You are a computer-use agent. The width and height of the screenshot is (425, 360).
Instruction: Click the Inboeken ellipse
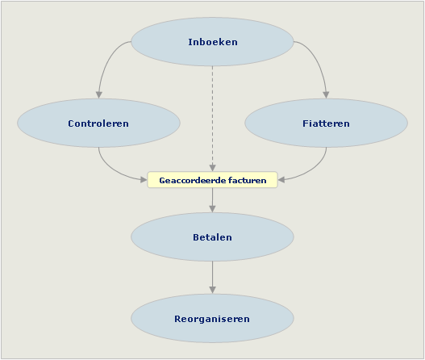point(213,42)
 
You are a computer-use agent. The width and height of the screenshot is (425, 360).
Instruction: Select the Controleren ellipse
point(98,123)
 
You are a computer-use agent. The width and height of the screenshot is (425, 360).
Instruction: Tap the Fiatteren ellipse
point(327,123)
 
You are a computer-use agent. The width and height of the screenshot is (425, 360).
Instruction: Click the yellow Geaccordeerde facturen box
point(213,180)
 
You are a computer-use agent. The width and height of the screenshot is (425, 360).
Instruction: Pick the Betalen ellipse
point(213,237)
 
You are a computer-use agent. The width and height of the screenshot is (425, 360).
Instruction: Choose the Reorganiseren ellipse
point(213,319)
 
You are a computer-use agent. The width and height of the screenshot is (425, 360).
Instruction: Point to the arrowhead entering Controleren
point(99,94)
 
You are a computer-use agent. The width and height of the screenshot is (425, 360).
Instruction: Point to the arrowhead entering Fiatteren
point(326,94)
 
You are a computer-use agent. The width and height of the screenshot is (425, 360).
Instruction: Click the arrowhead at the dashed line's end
point(213,168)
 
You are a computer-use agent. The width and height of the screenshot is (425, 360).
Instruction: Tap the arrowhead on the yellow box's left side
point(144,179)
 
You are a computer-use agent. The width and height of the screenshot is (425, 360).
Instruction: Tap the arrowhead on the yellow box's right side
point(281,179)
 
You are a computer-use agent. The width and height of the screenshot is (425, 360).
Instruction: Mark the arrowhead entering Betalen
point(213,209)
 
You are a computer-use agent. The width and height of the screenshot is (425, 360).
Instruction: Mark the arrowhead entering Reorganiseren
point(213,291)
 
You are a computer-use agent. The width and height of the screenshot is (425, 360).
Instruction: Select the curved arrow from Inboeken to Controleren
point(107,61)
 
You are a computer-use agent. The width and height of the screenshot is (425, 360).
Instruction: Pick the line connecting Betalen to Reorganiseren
point(213,278)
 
